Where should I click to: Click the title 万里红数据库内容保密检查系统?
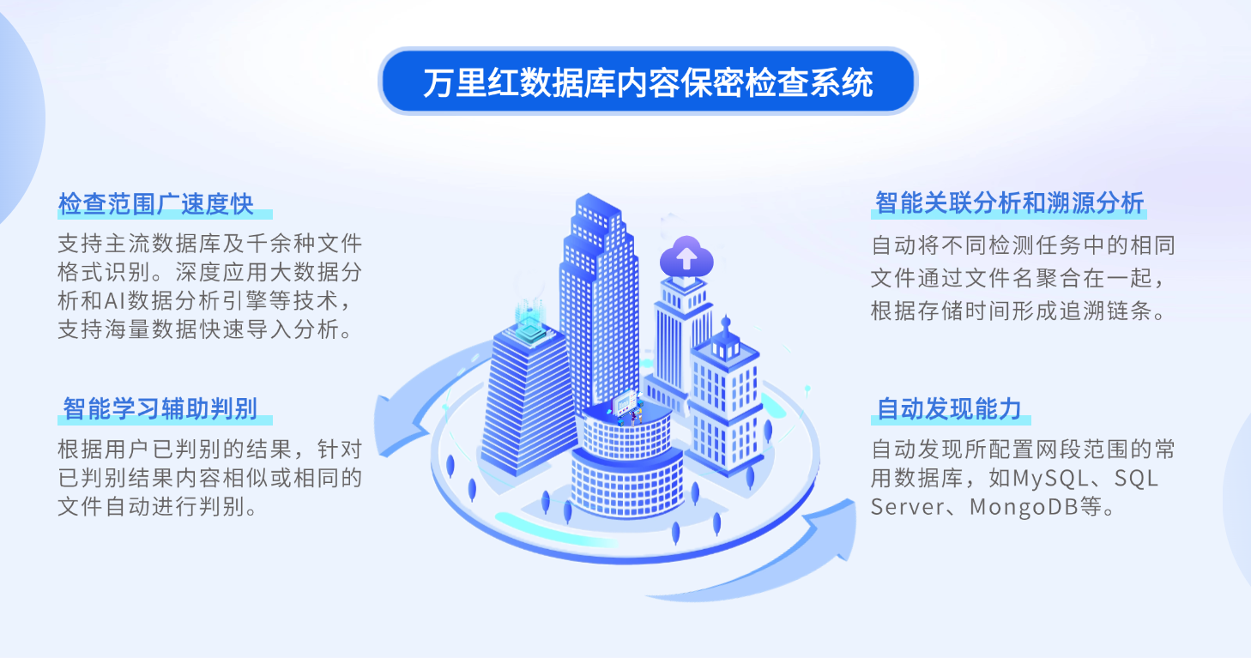point(648,82)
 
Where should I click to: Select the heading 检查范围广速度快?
point(156,204)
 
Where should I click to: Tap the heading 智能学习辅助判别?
point(160,409)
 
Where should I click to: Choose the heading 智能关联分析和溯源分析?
point(1009,202)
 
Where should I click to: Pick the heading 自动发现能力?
point(949,409)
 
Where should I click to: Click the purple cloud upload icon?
point(686,257)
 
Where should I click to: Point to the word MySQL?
point(1050,479)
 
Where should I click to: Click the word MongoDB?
point(1024,507)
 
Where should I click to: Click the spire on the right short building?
point(726,325)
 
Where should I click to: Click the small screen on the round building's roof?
point(625,403)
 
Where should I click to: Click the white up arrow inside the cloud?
point(686,258)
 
